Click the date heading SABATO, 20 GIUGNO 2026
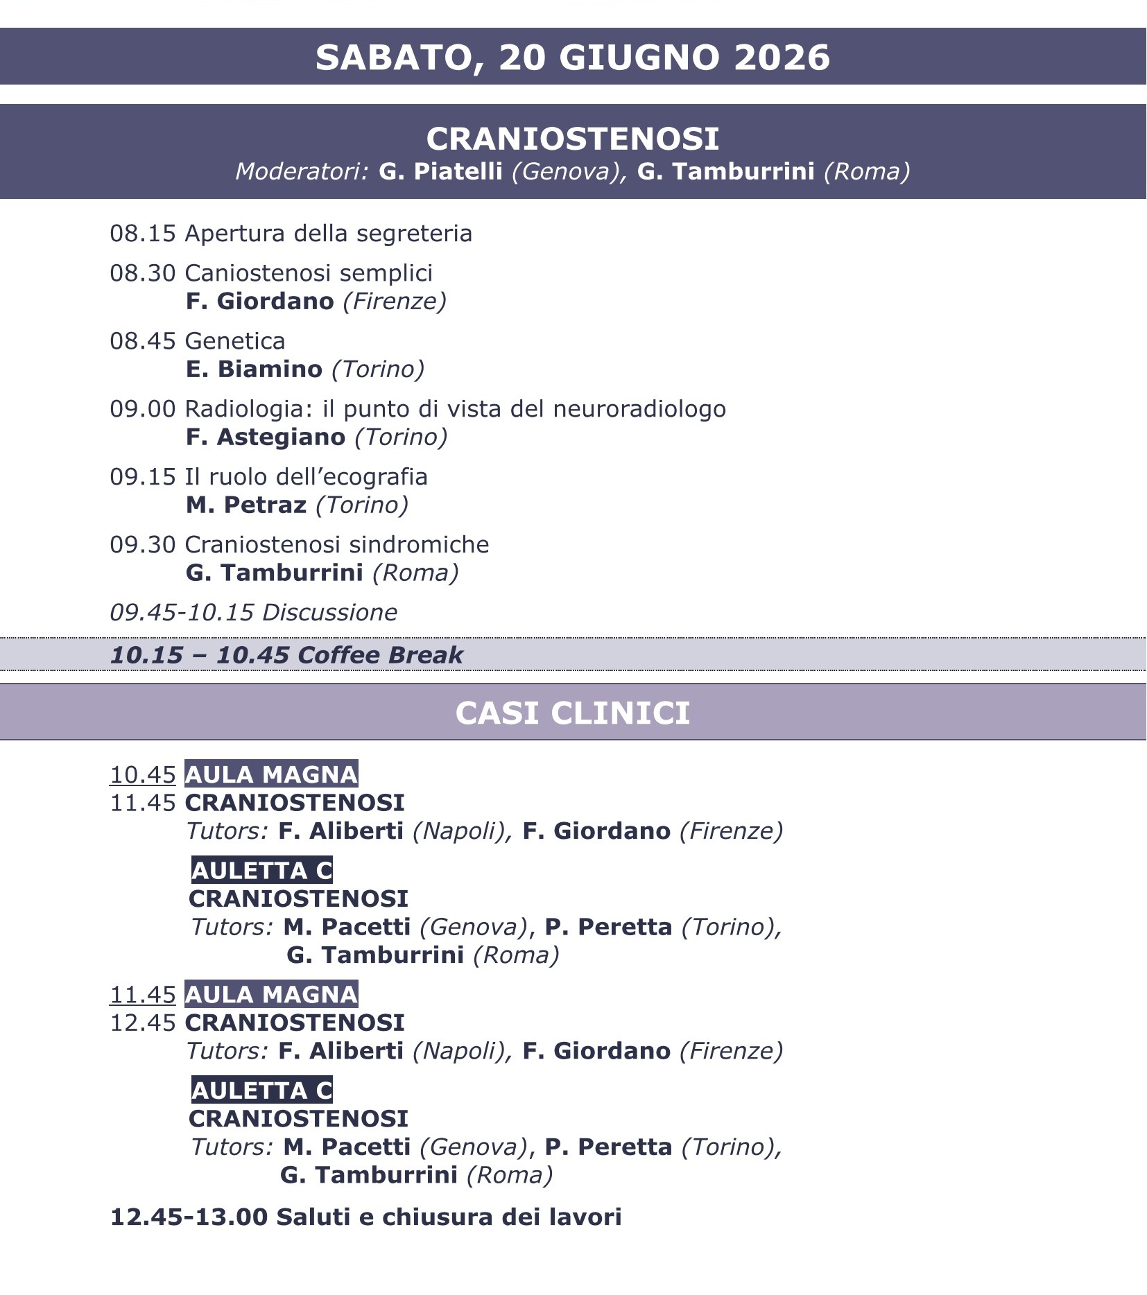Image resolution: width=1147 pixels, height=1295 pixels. click(x=572, y=57)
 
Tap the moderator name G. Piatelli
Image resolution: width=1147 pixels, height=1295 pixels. click(x=440, y=171)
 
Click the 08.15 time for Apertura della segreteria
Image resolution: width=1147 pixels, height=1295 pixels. click(x=143, y=234)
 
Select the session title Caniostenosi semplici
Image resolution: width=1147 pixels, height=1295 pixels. click(x=309, y=273)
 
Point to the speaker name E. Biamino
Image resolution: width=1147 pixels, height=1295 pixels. click(x=254, y=369)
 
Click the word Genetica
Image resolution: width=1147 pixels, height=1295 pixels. click(x=235, y=341)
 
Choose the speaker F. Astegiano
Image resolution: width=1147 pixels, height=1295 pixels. click(x=266, y=437)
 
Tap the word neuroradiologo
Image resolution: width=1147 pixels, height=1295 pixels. click(x=639, y=409)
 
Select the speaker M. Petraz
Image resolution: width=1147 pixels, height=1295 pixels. click(x=246, y=505)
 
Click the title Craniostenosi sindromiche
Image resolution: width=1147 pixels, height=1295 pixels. click(x=336, y=545)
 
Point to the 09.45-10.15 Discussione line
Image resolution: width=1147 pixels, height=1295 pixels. click(x=254, y=613)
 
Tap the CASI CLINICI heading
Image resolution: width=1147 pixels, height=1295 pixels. click(x=572, y=713)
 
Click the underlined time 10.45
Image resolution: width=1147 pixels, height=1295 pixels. click(x=143, y=774)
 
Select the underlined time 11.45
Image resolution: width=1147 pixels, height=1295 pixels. click(x=143, y=995)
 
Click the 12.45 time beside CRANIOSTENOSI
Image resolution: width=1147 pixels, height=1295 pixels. click(x=143, y=1023)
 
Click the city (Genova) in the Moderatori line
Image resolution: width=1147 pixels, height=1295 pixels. click(x=565, y=171)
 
